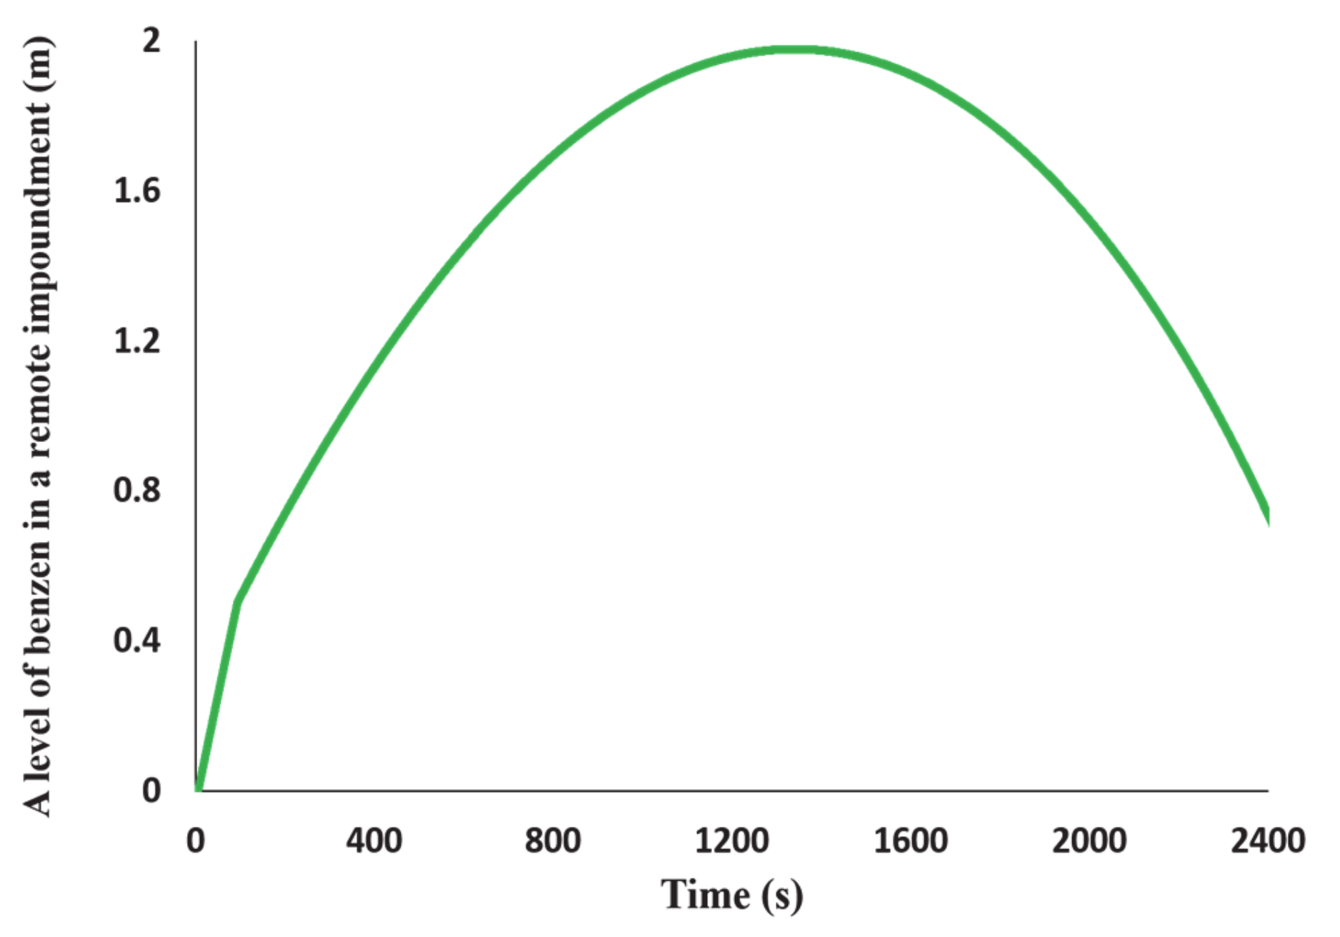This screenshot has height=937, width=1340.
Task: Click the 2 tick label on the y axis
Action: [x=151, y=41]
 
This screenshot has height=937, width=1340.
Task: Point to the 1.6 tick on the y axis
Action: [x=137, y=191]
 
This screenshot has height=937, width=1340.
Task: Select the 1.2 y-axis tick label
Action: [x=137, y=341]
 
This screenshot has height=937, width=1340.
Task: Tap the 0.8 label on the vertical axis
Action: [x=137, y=491]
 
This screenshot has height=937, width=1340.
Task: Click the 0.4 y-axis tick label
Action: [x=137, y=641]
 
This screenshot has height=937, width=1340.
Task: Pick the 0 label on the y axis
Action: [x=151, y=791]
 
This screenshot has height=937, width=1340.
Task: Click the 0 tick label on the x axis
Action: [x=196, y=841]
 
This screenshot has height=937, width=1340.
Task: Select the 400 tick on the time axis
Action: [x=374, y=841]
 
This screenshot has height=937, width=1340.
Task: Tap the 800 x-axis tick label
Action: [x=553, y=841]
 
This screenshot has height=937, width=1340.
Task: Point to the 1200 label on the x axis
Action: [x=731, y=841]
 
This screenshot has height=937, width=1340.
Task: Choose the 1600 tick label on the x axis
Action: [x=911, y=841]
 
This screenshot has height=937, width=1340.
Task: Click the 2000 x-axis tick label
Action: [x=1089, y=841]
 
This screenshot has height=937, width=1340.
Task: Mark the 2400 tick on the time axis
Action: [x=1268, y=841]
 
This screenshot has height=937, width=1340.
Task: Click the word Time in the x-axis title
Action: [x=705, y=895]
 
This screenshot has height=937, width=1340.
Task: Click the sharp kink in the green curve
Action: [x=237, y=602]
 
